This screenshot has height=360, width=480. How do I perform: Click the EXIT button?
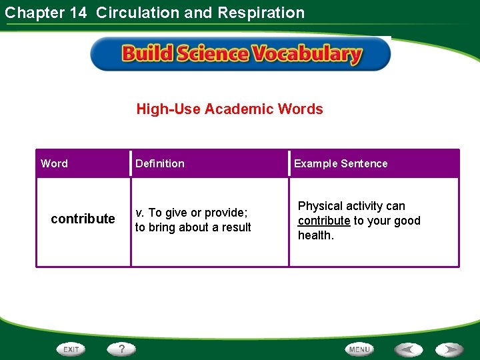(x=71, y=349)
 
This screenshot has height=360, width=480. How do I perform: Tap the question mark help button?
(x=122, y=349)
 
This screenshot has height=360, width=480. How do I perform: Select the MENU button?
(x=359, y=349)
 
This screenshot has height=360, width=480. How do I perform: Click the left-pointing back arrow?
(x=407, y=349)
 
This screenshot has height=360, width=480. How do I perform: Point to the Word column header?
(x=54, y=163)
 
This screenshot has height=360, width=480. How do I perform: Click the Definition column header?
(x=160, y=163)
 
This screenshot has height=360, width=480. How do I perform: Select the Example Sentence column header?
(x=341, y=163)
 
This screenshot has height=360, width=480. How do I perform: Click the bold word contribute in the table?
(x=83, y=219)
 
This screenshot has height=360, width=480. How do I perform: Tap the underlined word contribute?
(x=324, y=221)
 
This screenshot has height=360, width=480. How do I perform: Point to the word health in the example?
(x=315, y=235)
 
